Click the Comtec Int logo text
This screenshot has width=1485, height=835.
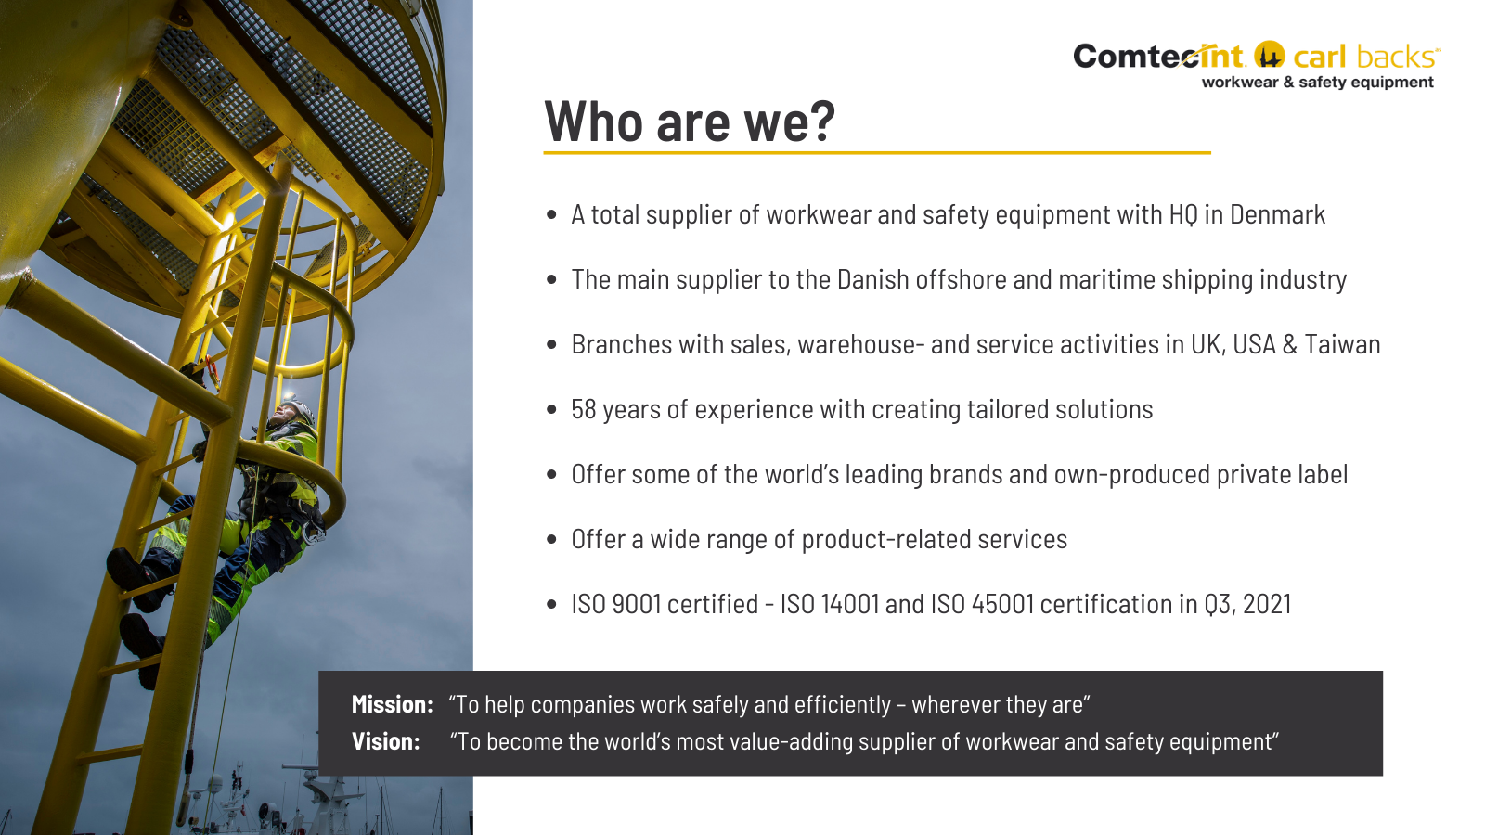coord(1159,57)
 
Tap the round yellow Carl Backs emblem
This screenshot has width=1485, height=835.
coord(1269,55)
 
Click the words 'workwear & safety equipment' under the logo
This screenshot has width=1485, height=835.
coord(1317,83)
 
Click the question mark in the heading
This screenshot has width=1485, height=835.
coord(822,121)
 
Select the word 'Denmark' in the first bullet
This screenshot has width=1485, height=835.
coord(1277,214)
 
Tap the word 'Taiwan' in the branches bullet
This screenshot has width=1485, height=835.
coord(1342,344)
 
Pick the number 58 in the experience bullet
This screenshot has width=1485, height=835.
coord(584,409)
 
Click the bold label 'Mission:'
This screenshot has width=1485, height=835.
coord(393,704)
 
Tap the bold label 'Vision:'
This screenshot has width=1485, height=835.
coord(386,741)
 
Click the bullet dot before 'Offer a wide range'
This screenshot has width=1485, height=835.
coord(551,539)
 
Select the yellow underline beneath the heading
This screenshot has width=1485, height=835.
coord(877,153)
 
